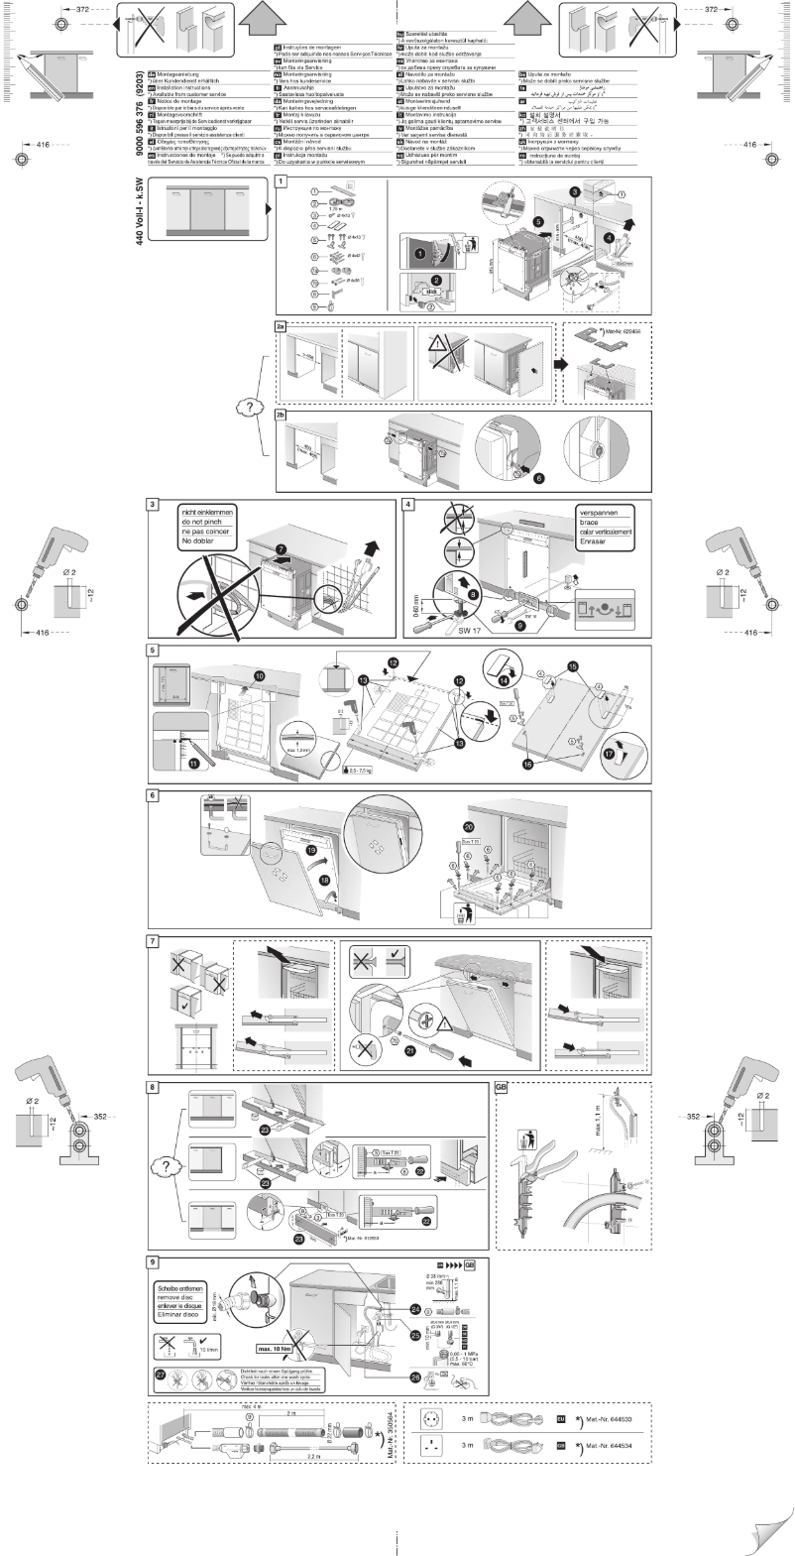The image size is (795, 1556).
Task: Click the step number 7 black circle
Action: coord(281,547)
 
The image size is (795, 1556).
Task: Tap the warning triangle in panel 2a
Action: coord(437,346)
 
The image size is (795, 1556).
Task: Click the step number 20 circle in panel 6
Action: coord(469,826)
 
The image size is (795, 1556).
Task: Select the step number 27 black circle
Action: coord(161,1374)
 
